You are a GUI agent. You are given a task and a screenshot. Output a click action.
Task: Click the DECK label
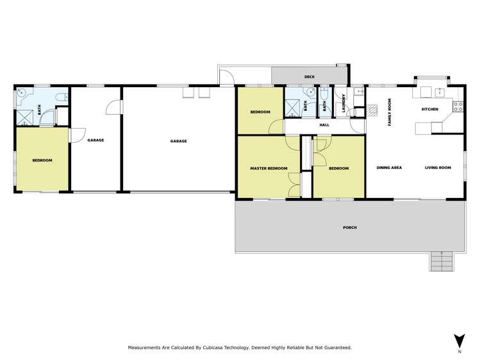pos(310,77)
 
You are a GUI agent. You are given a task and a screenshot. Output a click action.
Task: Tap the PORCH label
pos(349,227)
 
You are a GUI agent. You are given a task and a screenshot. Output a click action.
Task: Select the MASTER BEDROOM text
pos(268,168)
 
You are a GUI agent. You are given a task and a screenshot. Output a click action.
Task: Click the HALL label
pos(324,125)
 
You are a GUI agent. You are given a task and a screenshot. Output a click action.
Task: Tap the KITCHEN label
pos(429,110)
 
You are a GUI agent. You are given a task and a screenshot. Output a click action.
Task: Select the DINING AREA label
pos(389,168)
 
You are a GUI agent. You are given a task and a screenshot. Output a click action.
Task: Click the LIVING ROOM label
pos(438,168)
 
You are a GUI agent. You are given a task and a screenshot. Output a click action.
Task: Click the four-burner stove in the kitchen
pos(458,106)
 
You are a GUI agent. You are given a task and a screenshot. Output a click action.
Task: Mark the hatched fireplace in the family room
pos(372,110)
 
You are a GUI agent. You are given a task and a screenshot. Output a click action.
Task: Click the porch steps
pos(440,261)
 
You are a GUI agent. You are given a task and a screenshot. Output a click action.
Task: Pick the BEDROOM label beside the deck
pos(260,112)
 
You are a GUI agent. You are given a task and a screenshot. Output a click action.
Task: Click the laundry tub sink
pos(358,92)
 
